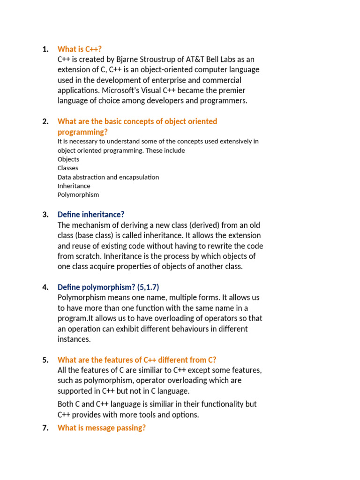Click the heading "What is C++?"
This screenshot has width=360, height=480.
[79, 49]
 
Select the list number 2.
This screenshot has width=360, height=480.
[45, 121]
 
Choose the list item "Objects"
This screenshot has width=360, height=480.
[68, 159]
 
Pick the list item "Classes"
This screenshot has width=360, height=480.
[68, 168]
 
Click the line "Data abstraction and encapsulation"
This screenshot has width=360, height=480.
[108, 177]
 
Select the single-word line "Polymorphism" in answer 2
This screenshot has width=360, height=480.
[78, 195]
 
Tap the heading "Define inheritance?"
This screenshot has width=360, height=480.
[91, 215]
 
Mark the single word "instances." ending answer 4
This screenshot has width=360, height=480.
[74, 339]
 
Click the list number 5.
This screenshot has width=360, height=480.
[45, 360]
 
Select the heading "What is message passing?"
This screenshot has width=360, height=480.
[101, 428]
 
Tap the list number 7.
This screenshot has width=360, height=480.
[45, 428]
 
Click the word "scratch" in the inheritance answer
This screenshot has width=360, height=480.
[87, 256]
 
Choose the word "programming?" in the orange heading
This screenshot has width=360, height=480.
[82, 132]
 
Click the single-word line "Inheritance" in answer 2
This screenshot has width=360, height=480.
[74, 186]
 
